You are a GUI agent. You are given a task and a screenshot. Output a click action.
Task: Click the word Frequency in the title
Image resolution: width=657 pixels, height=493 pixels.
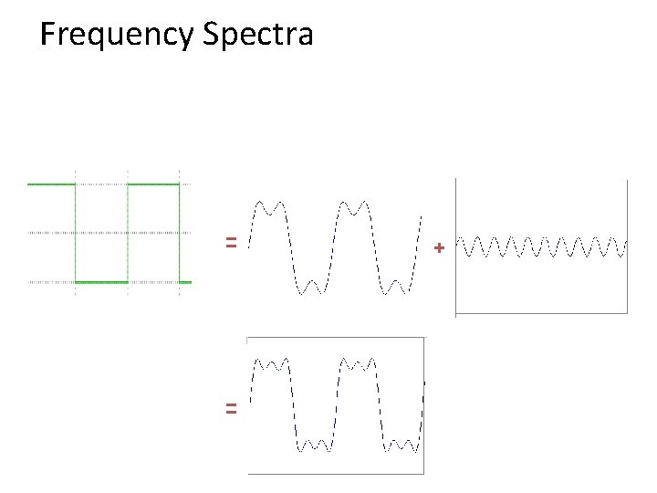(118, 36)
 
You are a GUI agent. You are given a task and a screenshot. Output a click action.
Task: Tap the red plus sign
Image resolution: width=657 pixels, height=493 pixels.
(440, 247)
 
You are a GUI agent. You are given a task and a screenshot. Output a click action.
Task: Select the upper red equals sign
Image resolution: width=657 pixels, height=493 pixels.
(232, 243)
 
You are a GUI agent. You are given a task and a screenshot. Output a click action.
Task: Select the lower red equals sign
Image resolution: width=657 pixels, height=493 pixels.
(232, 409)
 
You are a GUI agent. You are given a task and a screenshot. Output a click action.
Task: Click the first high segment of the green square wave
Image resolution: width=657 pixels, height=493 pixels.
(51, 184)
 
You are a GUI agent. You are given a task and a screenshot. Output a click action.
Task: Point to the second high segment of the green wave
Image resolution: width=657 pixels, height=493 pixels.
(153, 184)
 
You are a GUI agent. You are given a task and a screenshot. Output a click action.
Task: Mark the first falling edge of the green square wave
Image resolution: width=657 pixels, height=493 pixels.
(75, 233)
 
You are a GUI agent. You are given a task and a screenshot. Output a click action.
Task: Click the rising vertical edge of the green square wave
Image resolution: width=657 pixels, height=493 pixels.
(128, 233)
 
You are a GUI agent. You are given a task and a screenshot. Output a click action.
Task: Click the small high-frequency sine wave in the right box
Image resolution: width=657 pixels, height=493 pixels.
(543, 246)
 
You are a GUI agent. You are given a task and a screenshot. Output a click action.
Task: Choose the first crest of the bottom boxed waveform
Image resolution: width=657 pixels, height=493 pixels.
(271, 364)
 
